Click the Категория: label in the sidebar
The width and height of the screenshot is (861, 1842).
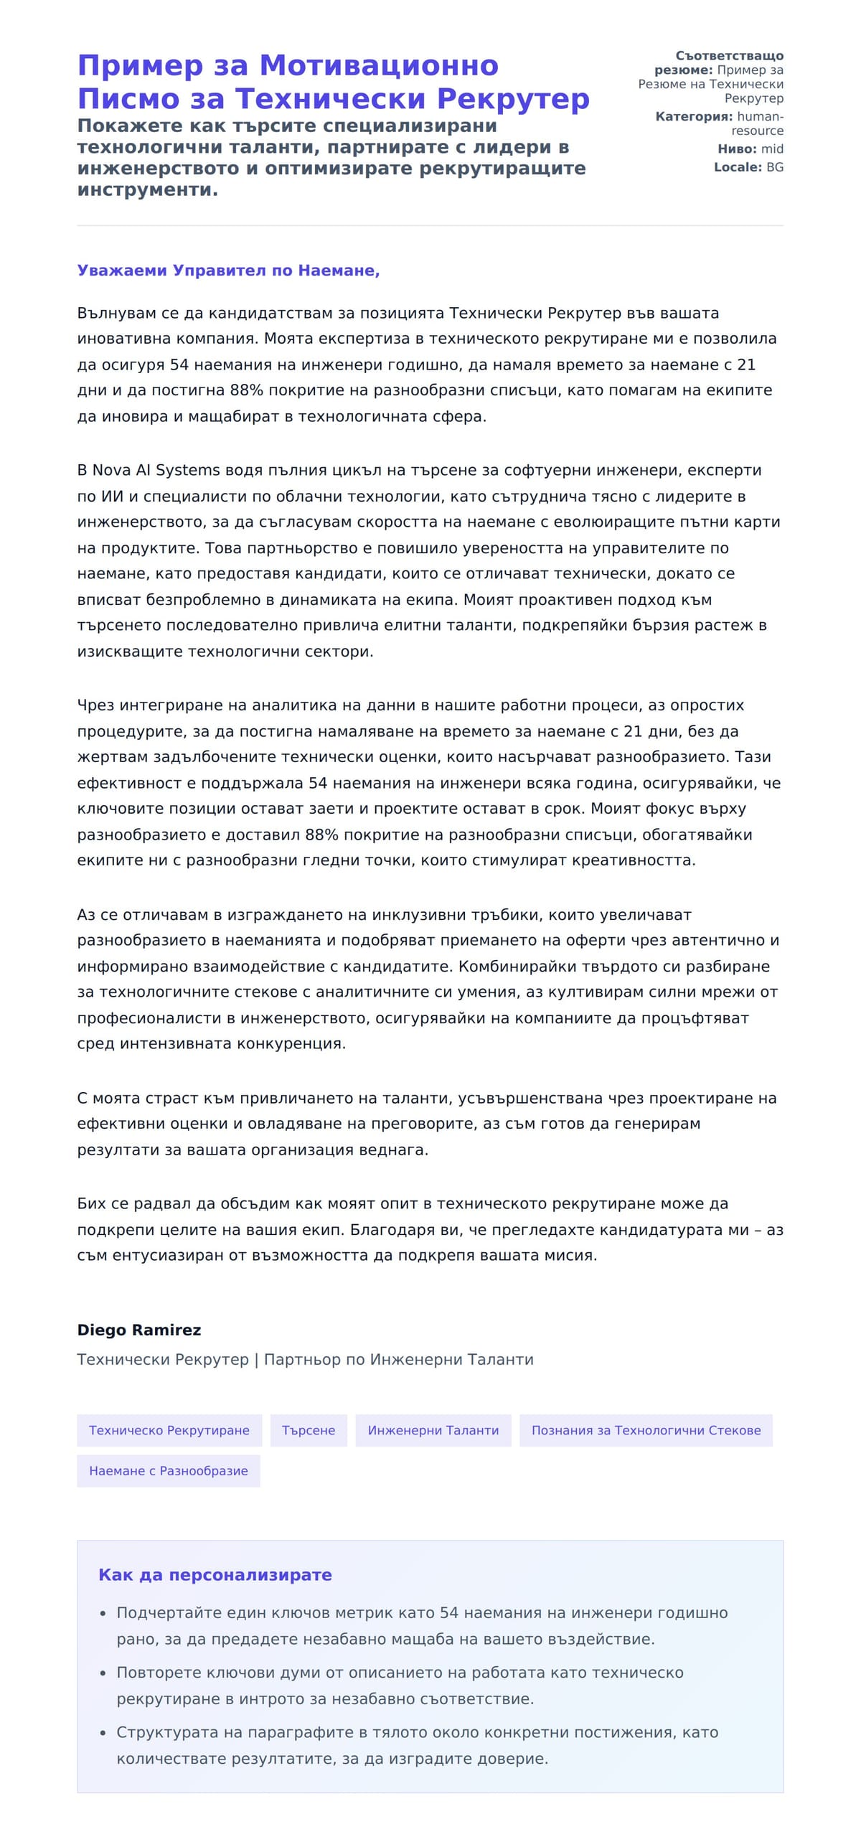pos(693,116)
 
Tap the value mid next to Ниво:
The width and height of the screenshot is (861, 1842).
pos(772,149)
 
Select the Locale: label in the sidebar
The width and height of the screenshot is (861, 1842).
pos(737,167)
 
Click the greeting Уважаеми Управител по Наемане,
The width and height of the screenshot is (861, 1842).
pos(228,271)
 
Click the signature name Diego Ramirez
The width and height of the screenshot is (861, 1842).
pos(138,1330)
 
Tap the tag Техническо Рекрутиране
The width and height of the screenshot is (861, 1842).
pos(169,1430)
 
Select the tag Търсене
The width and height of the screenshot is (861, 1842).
pos(309,1430)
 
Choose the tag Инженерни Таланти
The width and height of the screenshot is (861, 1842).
pos(433,1430)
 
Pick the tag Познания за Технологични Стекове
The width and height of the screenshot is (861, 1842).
pos(646,1430)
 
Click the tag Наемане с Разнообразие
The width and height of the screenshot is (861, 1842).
pos(168,1471)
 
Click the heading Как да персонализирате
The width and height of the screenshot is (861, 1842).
pos(215,1575)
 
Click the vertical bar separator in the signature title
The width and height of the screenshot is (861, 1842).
pos(256,1360)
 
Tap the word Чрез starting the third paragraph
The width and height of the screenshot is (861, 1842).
pos(95,705)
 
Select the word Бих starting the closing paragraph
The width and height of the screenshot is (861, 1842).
pos(91,1204)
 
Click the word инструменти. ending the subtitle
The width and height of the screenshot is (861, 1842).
pos(147,190)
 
